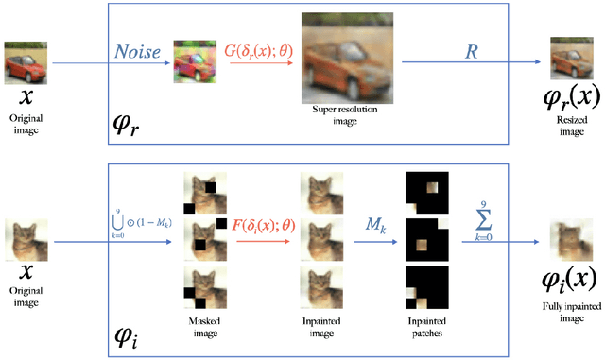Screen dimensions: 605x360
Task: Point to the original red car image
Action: [23, 60]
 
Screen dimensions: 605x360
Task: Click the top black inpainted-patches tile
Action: [422, 189]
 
